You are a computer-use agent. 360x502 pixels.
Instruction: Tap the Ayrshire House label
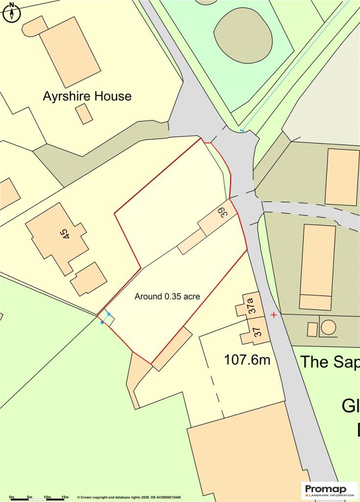(87, 96)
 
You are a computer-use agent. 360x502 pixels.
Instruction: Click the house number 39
(222, 213)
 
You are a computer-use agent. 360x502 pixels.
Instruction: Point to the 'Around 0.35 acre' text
(168, 296)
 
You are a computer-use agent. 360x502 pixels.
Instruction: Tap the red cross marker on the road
(273, 314)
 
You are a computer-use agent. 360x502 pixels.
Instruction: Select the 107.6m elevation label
(247, 360)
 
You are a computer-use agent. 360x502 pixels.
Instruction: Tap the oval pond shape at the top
(243, 35)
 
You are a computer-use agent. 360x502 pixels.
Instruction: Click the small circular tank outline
(328, 326)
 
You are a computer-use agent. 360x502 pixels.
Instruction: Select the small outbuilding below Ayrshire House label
(84, 114)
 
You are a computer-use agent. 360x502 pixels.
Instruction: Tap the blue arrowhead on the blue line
(242, 130)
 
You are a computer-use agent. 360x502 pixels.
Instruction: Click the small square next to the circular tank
(312, 329)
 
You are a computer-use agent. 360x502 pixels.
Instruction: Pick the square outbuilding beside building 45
(89, 279)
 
